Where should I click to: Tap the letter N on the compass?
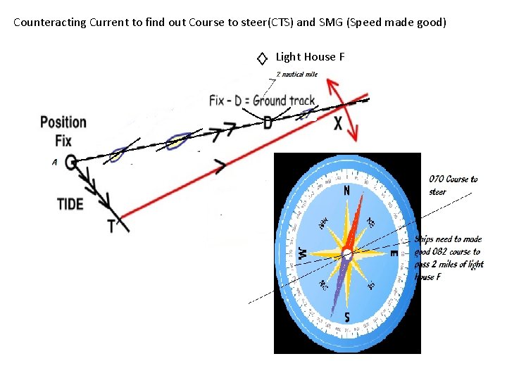tap(346, 191)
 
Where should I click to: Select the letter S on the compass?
tap(347, 317)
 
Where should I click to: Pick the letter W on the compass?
tap(302, 252)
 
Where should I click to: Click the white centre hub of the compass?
tap(347, 253)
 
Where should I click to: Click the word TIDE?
tap(70, 204)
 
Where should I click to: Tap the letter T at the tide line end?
tap(111, 225)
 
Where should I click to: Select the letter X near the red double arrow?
tap(338, 124)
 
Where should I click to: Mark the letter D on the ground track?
tap(268, 123)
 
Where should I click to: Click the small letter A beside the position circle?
tap(54, 163)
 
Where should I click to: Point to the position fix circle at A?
tap(70, 162)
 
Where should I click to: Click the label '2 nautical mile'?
tap(296, 74)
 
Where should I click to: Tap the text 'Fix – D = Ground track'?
tap(262, 101)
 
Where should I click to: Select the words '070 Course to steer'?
tap(453, 185)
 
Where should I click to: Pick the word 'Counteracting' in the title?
tap(50, 22)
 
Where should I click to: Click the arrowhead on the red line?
tap(220, 167)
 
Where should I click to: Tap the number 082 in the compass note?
tap(442, 251)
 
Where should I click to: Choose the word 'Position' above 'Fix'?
tap(63, 122)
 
